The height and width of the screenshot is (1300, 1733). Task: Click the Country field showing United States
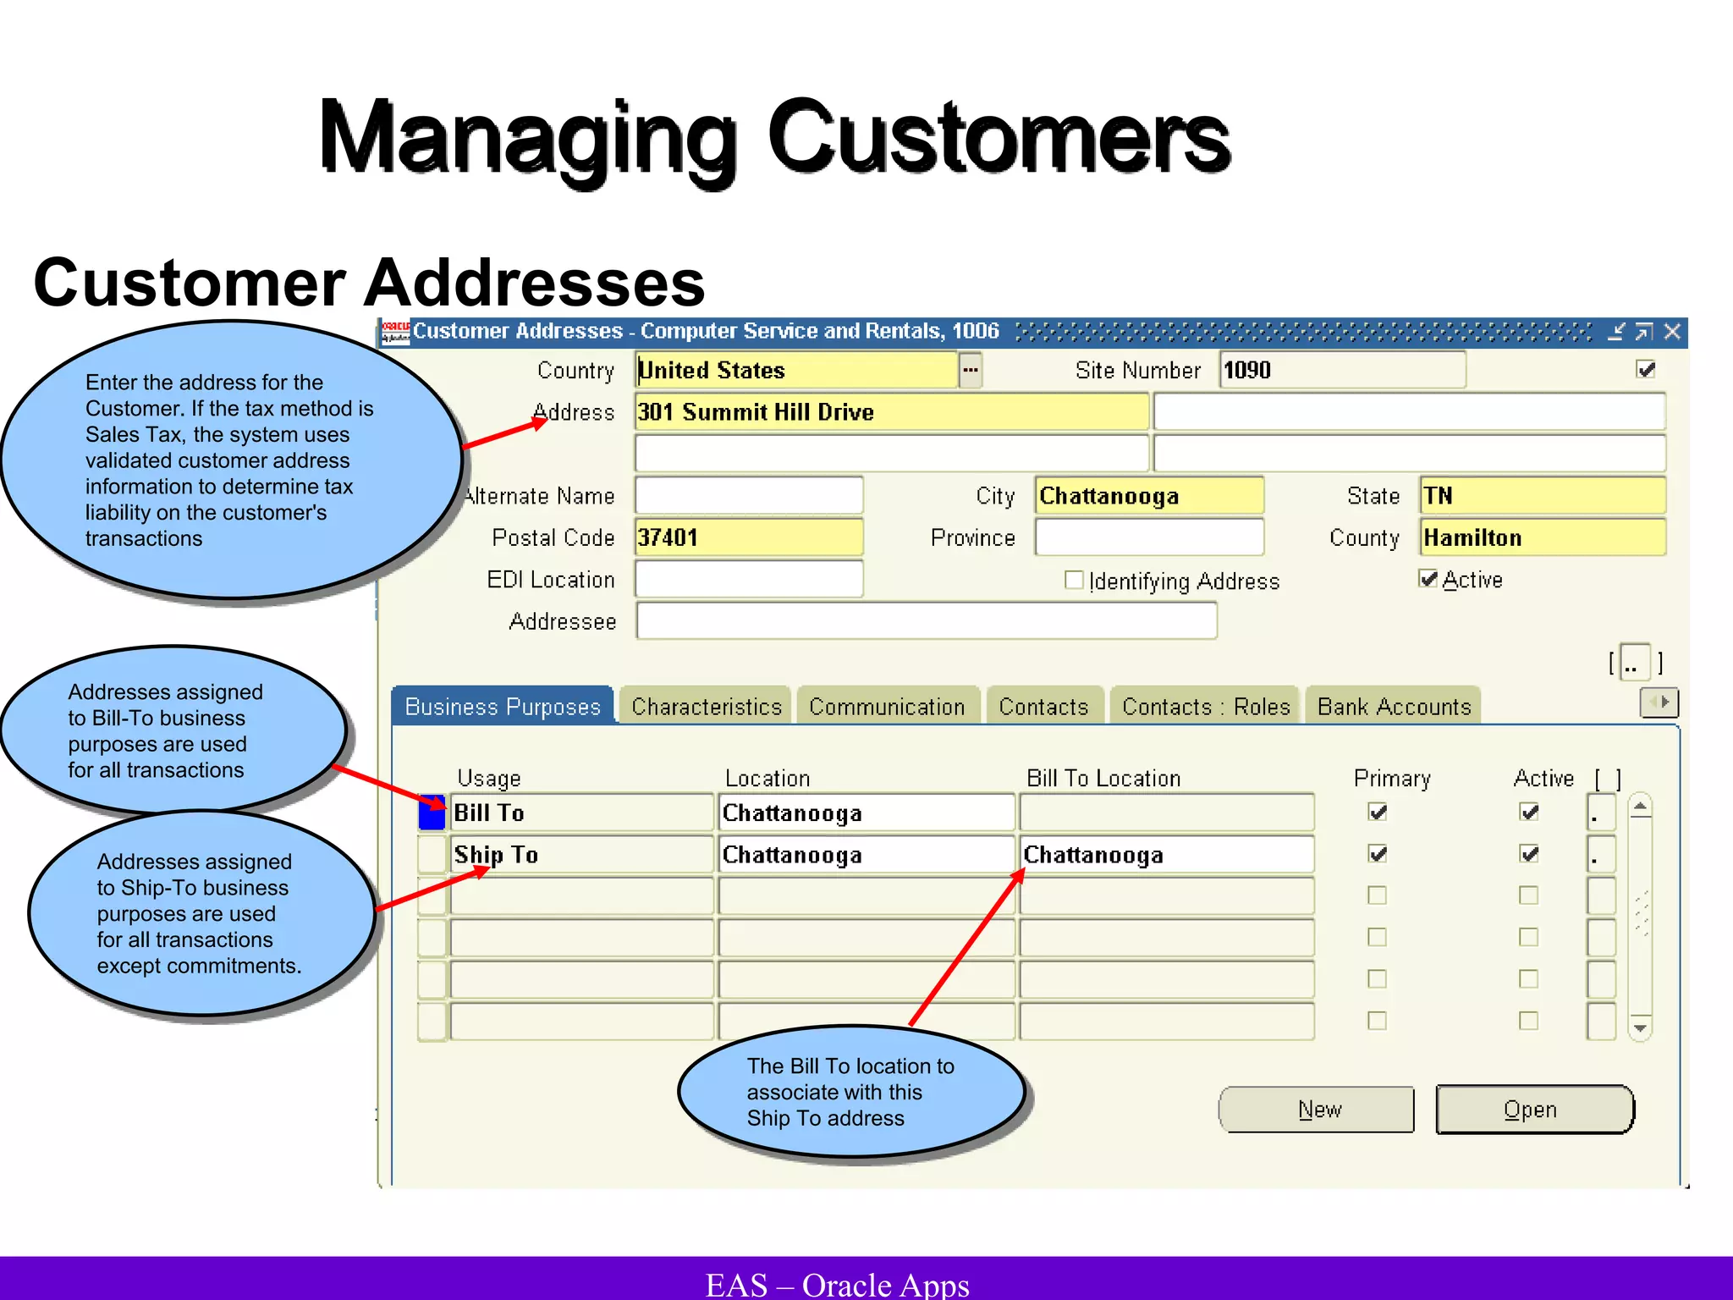tap(795, 371)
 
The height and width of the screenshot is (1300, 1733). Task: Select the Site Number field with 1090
tap(1341, 371)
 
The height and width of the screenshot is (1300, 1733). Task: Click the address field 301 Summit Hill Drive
tap(891, 412)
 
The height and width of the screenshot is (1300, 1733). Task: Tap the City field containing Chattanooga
tap(1148, 496)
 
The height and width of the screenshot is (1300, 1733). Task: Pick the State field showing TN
tap(1542, 496)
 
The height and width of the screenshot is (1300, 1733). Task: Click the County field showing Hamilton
tap(1542, 537)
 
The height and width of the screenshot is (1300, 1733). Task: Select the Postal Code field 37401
tap(748, 537)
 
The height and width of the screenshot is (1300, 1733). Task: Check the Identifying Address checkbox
tap(1074, 581)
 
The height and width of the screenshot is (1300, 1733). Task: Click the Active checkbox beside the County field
tap(1428, 579)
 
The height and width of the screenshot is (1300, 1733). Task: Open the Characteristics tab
tap(706, 707)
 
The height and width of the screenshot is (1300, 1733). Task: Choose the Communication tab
tap(886, 707)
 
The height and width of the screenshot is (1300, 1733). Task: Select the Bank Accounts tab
tap(1394, 707)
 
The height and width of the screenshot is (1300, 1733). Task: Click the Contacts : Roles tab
tap(1205, 707)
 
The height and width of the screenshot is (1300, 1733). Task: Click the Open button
tap(1533, 1110)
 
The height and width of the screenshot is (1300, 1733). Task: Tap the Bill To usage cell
tap(581, 813)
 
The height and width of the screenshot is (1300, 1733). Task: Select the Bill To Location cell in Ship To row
tap(1166, 855)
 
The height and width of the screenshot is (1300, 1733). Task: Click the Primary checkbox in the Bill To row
tap(1378, 812)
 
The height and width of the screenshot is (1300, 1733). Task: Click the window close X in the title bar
tap(1672, 332)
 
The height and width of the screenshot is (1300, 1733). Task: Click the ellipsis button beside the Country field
tap(971, 371)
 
